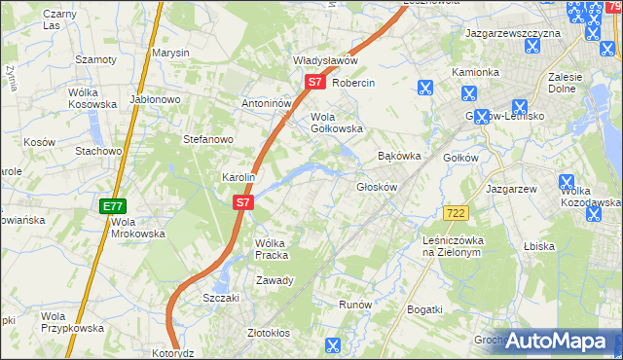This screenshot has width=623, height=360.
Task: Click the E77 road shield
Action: [112, 207]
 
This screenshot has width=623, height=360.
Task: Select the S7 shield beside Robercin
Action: [314, 83]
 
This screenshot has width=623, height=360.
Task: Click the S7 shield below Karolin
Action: [243, 203]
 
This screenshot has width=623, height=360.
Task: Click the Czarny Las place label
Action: [59, 20]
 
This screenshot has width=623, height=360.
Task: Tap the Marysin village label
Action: [170, 53]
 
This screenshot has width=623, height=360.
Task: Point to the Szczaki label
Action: [220, 298]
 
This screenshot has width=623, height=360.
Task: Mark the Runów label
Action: [355, 305]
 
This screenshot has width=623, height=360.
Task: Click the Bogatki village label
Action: [424, 309]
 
